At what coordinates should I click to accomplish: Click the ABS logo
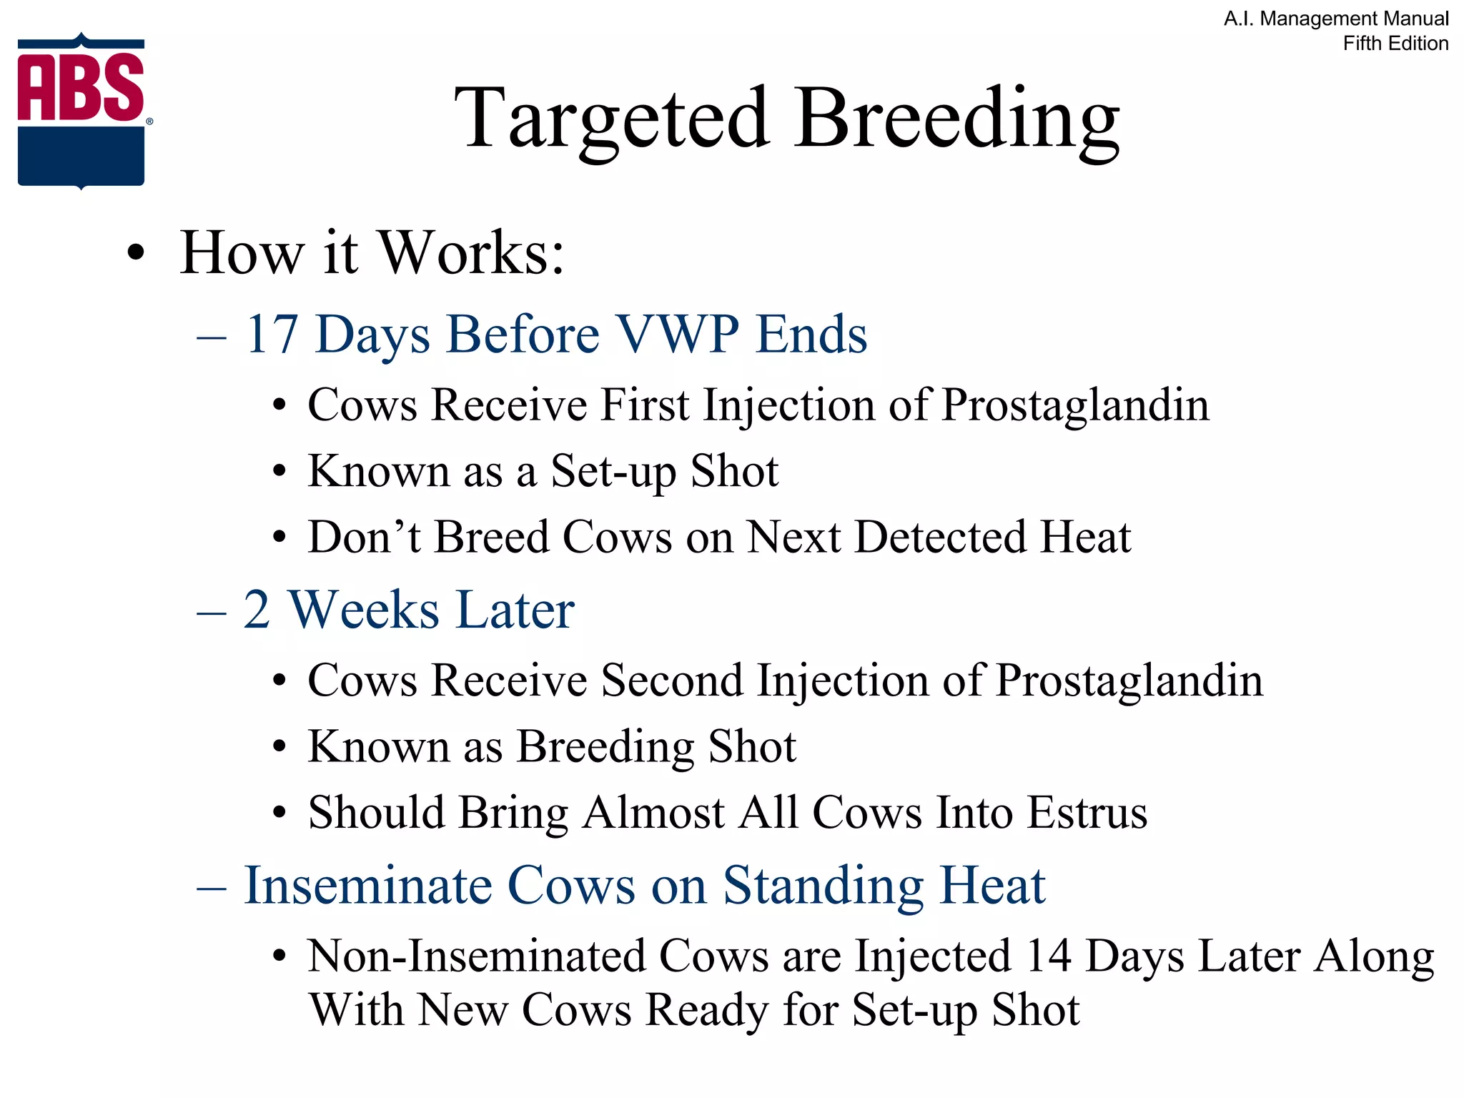click(81, 111)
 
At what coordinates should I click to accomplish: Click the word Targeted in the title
click(612, 118)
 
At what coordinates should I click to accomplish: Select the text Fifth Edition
click(1395, 44)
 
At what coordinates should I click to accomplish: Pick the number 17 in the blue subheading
click(271, 334)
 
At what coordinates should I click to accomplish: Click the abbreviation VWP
click(678, 334)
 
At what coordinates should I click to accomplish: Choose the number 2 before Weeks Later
click(257, 610)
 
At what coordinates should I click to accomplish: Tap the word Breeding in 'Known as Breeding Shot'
click(605, 747)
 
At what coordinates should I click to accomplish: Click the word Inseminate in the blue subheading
click(368, 886)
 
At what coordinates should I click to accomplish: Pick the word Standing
click(823, 886)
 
